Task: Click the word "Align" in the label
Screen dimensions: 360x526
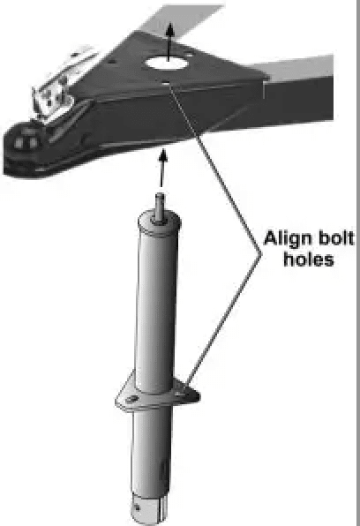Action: tap(285, 239)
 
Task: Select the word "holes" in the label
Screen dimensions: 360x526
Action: tap(309, 259)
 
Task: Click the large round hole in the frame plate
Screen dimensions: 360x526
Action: tap(167, 63)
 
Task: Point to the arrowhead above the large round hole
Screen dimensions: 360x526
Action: tap(171, 28)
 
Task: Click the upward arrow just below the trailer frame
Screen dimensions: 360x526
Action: tap(162, 168)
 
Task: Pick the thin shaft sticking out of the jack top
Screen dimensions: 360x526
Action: tap(161, 207)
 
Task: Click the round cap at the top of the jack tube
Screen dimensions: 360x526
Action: tap(160, 223)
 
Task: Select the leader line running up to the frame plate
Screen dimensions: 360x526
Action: tap(214, 168)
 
